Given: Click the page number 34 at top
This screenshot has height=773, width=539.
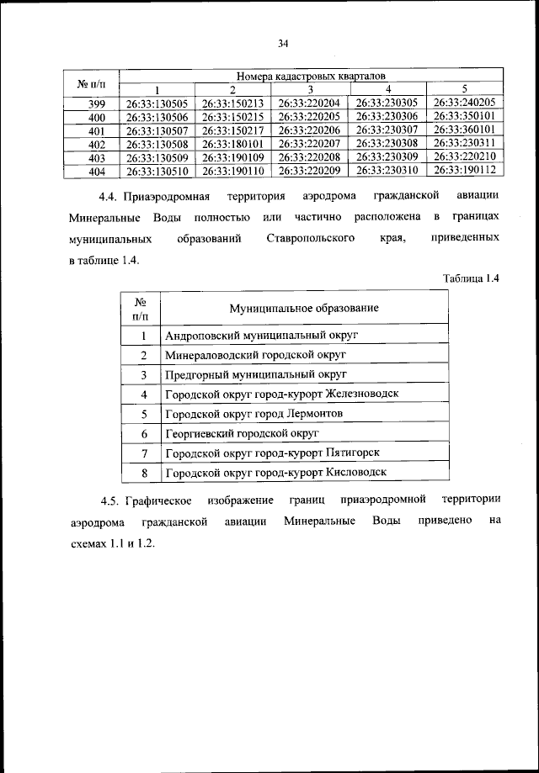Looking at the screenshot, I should pyautogui.click(x=283, y=44).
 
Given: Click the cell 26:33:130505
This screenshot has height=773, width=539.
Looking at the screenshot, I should pyautogui.click(x=157, y=103).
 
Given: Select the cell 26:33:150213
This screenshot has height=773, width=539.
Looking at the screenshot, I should pyautogui.click(x=233, y=103).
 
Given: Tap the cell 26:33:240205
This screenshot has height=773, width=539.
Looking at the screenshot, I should pyautogui.click(x=464, y=103).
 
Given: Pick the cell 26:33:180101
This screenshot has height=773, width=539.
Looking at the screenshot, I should pyautogui.click(x=233, y=144).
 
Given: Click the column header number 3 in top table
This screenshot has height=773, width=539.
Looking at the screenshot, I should pyautogui.click(x=310, y=90).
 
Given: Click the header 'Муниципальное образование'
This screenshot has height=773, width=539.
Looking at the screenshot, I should pyautogui.click(x=304, y=308).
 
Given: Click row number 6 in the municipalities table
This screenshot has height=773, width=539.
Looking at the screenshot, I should pyautogui.click(x=144, y=434).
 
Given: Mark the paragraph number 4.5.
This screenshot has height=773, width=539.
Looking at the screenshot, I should pyautogui.click(x=109, y=501).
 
